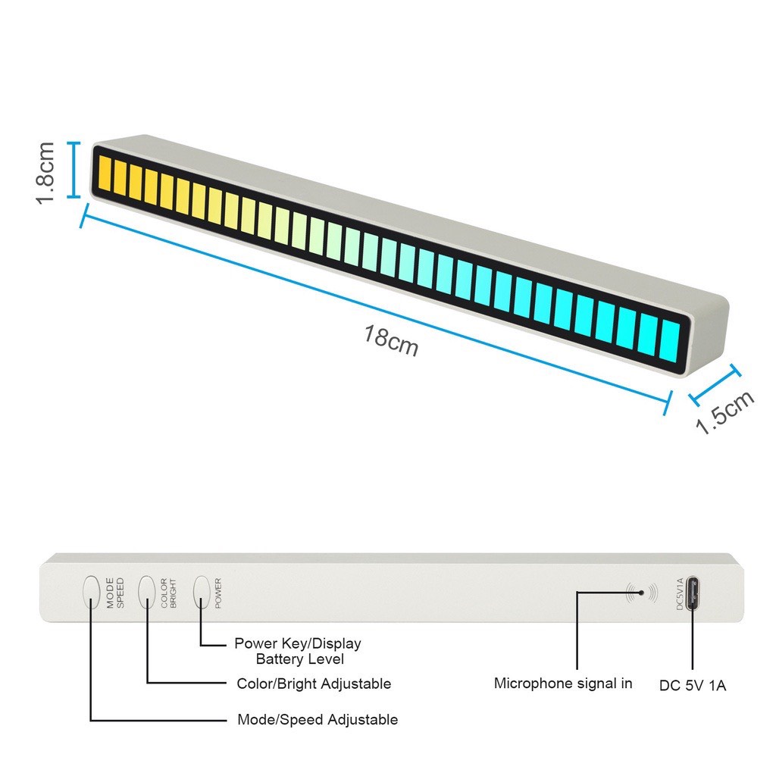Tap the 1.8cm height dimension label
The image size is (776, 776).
tap(45, 172)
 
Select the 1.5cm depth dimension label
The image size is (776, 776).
tap(725, 412)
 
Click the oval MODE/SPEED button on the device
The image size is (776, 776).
tap(92, 591)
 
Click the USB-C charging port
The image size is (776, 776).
tap(693, 592)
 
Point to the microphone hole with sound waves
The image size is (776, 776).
tap(642, 593)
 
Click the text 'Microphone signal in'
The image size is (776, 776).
tap(563, 684)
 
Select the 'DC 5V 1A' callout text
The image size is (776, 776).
tap(693, 685)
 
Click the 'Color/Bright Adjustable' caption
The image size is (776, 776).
tap(314, 684)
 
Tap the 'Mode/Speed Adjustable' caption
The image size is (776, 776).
tap(318, 719)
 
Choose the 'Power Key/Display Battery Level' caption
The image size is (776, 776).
tap(298, 651)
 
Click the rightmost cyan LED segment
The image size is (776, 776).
tap(670, 343)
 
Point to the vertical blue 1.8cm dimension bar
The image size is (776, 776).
tap(74, 170)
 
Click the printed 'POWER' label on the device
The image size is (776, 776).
tap(218, 593)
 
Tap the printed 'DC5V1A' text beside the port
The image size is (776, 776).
tap(679, 593)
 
